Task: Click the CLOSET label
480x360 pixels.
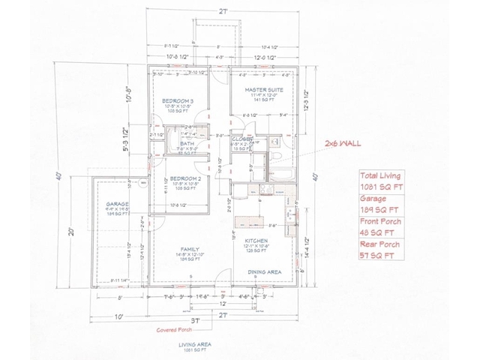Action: click(x=241, y=139)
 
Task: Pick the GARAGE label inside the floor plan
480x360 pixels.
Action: click(x=117, y=203)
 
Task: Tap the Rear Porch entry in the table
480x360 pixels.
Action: click(x=379, y=244)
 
